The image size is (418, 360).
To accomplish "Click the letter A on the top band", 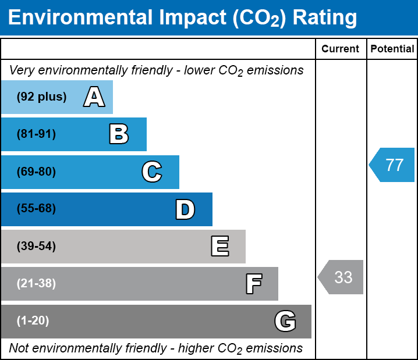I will coord(94,97).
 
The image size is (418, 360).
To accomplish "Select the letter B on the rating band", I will coord(119,134).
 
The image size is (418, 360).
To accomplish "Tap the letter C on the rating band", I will coord(151,172).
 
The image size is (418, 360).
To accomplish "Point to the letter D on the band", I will coord(185,209).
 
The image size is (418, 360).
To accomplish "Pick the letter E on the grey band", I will coord(219,247).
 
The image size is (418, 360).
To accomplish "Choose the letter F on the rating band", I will coord(253,284).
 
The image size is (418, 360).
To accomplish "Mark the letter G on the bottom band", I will coord(285,321).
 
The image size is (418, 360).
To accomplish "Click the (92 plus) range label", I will coord(41,97).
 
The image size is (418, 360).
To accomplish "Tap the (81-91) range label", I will coord(36,134).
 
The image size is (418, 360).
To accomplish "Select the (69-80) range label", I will coord(36,172).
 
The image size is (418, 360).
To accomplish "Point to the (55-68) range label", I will coord(36,209).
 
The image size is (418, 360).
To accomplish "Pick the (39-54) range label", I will coord(36,247).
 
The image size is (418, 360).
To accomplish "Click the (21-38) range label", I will coord(36,284).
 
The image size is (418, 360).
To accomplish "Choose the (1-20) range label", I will coord(33,321).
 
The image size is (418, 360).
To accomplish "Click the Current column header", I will coord(341,49).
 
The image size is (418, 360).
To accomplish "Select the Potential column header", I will coord(392,49).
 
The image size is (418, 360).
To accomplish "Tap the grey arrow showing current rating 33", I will coord(342,277).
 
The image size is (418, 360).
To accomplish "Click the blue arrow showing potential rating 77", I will coord(393,165).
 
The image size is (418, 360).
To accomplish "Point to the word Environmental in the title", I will coord(79,18).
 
